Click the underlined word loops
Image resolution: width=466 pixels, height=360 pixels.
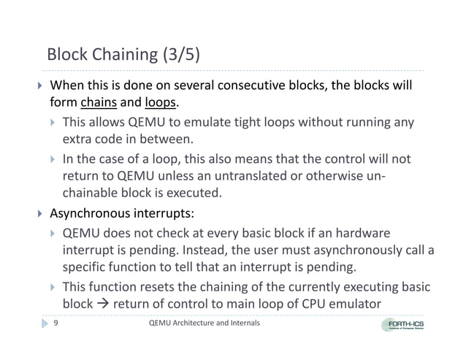tap(160, 102)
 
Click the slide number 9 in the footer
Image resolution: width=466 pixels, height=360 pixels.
tap(56, 323)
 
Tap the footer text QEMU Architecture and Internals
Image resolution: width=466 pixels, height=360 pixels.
tap(204, 323)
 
